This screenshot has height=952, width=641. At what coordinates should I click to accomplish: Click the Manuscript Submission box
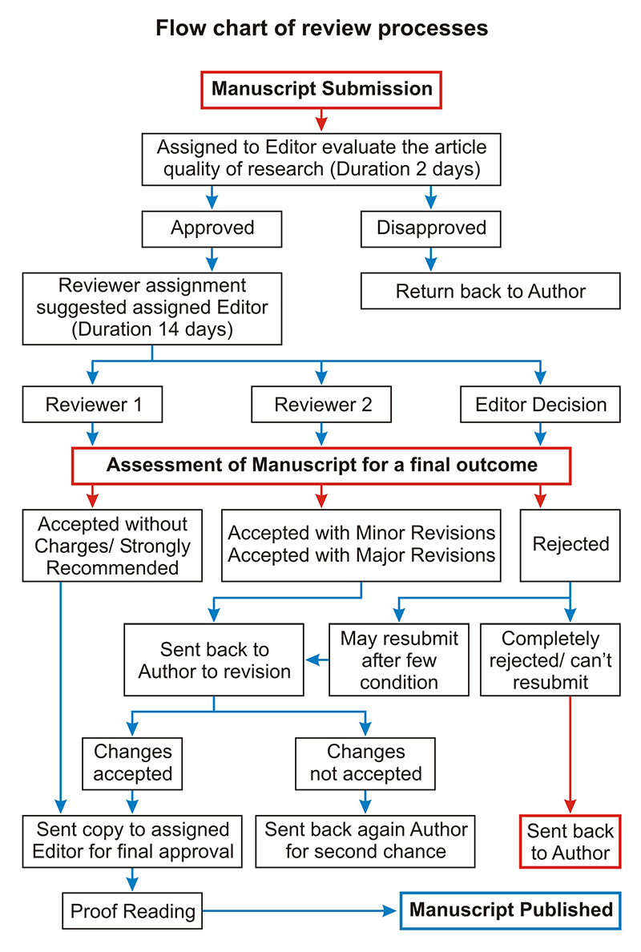[321, 90]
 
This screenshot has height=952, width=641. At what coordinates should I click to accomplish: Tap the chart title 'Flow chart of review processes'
[322, 28]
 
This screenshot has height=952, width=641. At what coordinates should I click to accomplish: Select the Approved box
[212, 229]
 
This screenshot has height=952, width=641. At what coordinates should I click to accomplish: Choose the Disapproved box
[431, 229]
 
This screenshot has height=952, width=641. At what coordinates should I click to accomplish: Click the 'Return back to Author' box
[490, 291]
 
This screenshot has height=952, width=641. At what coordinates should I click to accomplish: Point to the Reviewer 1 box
[92, 405]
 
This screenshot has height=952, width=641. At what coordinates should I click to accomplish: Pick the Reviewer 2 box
[321, 405]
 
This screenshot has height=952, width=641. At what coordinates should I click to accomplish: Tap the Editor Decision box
[540, 405]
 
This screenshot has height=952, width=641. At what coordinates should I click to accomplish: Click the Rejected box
[570, 545]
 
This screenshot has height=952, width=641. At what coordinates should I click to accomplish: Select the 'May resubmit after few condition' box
[399, 660]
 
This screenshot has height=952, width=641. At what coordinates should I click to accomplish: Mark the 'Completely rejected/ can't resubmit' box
[550, 660]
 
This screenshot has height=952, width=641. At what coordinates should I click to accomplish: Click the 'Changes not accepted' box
[365, 764]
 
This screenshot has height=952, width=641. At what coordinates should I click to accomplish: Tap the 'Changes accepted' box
[132, 764]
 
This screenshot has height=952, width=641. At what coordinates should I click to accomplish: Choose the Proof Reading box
[132, 910]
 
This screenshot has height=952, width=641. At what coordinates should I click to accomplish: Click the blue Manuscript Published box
[510, 910]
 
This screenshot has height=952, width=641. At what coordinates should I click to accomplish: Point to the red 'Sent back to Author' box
[570, 841]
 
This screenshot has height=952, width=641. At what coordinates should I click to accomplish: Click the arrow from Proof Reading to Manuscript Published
[301, 910]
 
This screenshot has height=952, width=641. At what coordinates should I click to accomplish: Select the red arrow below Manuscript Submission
[322, 120]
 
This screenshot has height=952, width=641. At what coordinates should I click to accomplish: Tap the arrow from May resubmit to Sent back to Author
[316, 660]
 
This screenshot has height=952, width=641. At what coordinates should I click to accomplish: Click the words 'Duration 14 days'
[152, 329]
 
